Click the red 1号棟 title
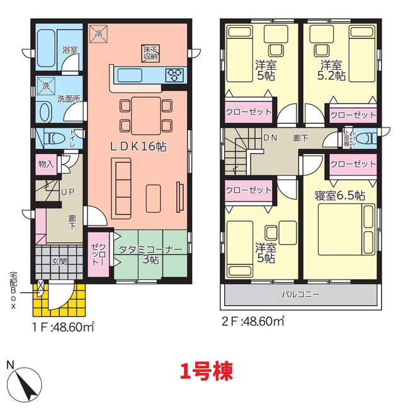207,371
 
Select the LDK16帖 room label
138,146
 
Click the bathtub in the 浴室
45,48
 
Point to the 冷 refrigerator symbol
98,34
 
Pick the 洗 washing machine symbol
46,85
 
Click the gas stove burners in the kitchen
174,75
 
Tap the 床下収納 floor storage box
150,53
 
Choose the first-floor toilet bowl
55,138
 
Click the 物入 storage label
46,165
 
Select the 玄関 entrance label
59,261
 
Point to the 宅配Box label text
13,290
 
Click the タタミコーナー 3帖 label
150,255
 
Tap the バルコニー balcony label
301,295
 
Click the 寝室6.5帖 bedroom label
339,195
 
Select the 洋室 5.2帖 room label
331,70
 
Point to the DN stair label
270,138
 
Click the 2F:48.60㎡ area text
253,321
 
